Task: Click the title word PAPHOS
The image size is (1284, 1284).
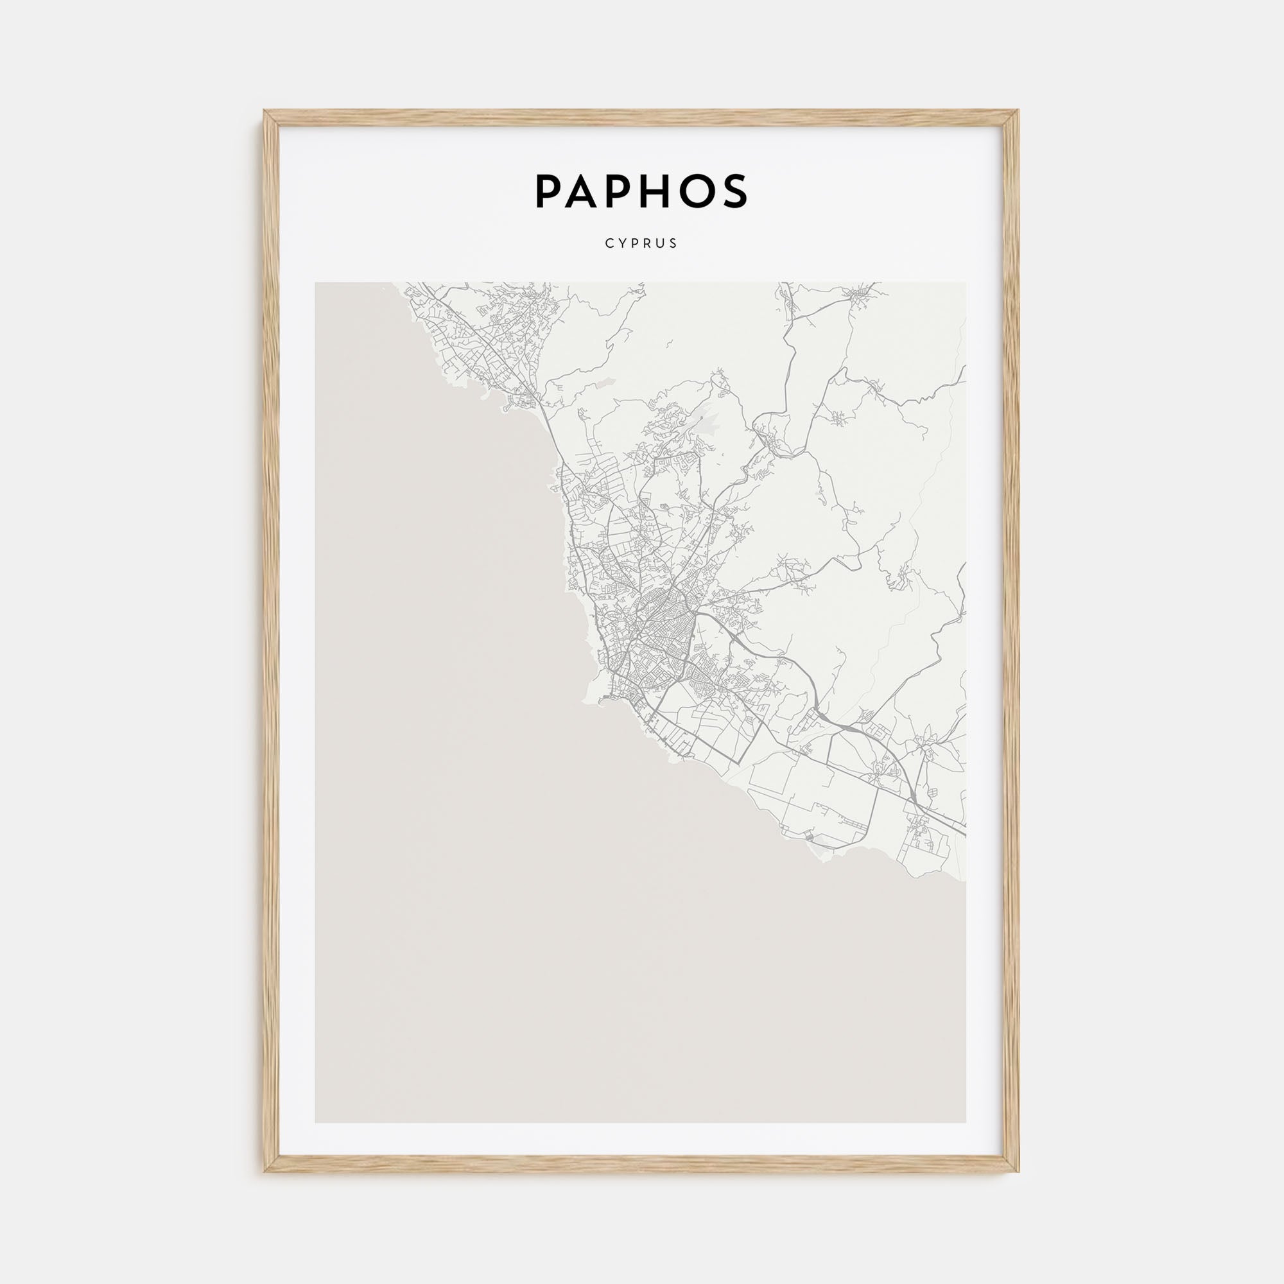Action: point(641,191)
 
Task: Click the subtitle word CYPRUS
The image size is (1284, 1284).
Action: point(641,243)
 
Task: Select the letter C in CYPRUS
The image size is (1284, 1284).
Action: point(609,243)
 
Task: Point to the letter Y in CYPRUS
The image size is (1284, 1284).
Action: point(622,243)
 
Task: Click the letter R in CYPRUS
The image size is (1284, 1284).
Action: point(648,243)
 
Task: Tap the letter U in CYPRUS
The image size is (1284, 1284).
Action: point(661,243)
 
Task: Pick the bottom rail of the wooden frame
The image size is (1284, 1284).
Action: point(641,1163)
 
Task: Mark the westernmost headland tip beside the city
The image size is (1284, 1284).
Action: point(585,700)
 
